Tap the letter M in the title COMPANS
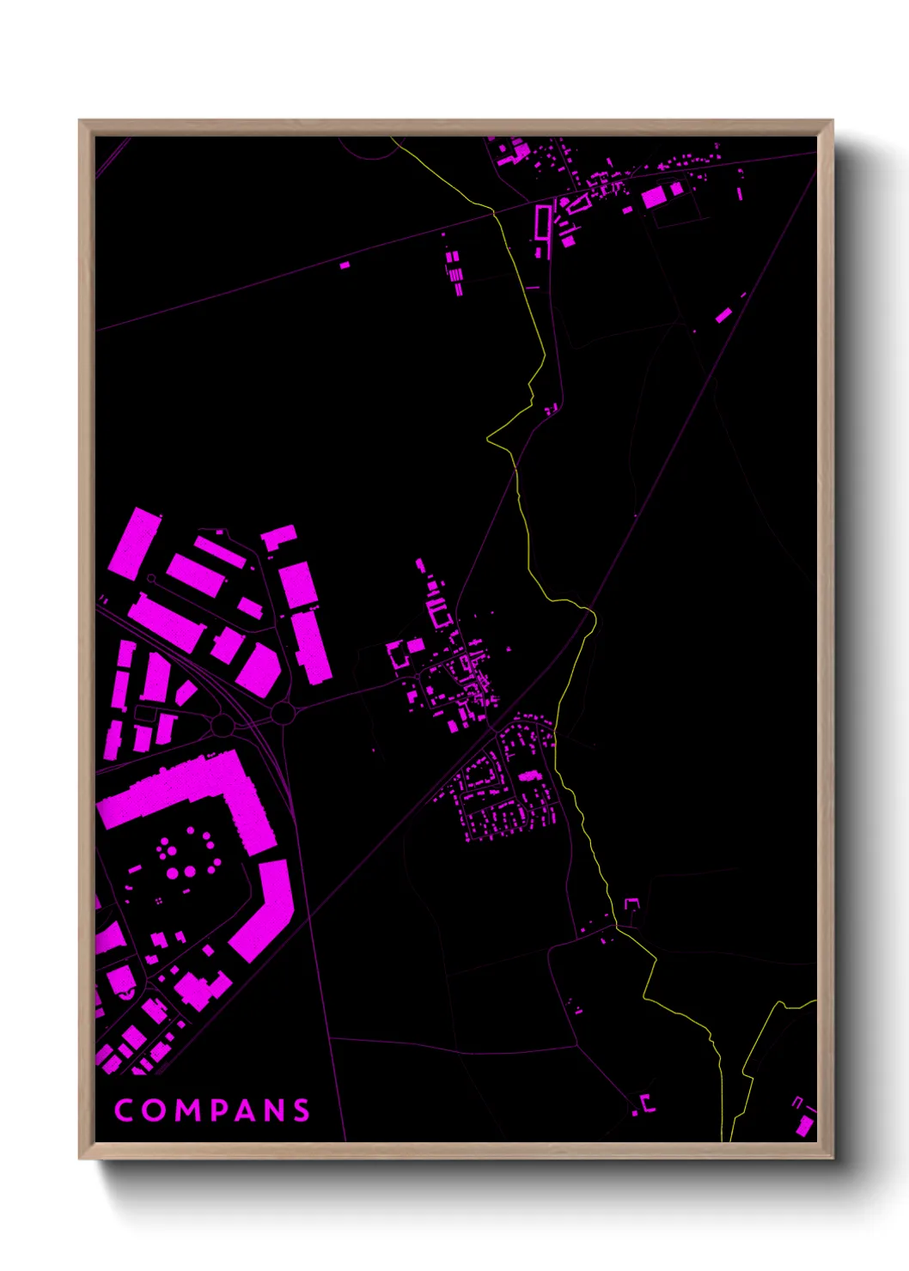(184, 1110)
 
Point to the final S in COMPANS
(301, 1110)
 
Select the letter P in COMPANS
(215, 1110)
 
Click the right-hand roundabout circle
(283, 713)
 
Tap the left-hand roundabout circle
(223, 726)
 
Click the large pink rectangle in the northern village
(654, 197)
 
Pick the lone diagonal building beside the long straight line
(723, 315)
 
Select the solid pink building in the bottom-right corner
(805, 1125)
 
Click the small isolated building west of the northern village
(345, 265)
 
